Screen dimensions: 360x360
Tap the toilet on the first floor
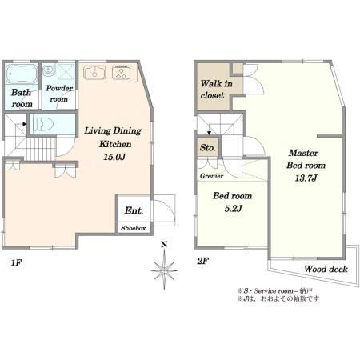[42, 123]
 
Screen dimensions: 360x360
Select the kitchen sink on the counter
[94, 72]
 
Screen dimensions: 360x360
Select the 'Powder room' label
[58, 94]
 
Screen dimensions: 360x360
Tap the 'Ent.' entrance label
[133, 211]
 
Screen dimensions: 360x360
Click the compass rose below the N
[163, 270]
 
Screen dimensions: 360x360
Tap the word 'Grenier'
[212, 175]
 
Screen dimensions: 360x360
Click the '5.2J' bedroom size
[232, 209]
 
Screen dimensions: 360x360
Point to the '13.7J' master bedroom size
[303, 178]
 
